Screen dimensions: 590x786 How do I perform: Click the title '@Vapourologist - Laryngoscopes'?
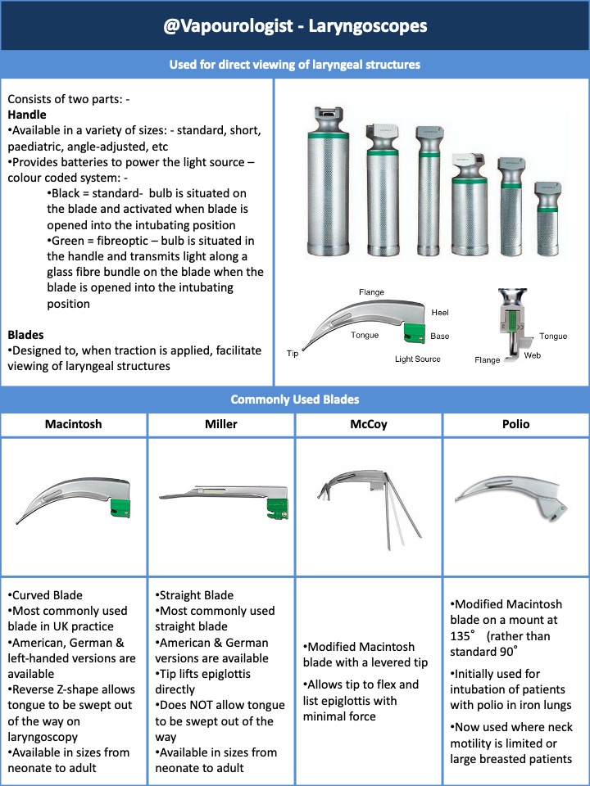click(x=294, y=26)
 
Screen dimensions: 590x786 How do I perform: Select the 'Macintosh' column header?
click(x=74, y=425)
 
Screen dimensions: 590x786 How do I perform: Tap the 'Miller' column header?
click(x=220, y=425)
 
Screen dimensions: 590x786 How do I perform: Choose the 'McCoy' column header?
click(x=368, y=425)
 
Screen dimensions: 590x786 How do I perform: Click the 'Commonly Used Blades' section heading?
click(x=294, y=400)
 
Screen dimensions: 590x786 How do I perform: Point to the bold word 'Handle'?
click(x=27, y=115)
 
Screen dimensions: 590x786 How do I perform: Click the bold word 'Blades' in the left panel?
click(x=25, y=335)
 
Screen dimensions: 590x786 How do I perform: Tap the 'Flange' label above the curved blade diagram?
click(x=372, y=292)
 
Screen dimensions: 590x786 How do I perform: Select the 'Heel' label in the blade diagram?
click(x=439, y=313)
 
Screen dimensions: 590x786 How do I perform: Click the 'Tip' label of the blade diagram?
click(x=293, y=354)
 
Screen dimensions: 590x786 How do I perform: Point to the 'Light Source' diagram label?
click(x=417, y=359)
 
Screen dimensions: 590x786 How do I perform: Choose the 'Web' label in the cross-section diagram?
click(x=532, y=355)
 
